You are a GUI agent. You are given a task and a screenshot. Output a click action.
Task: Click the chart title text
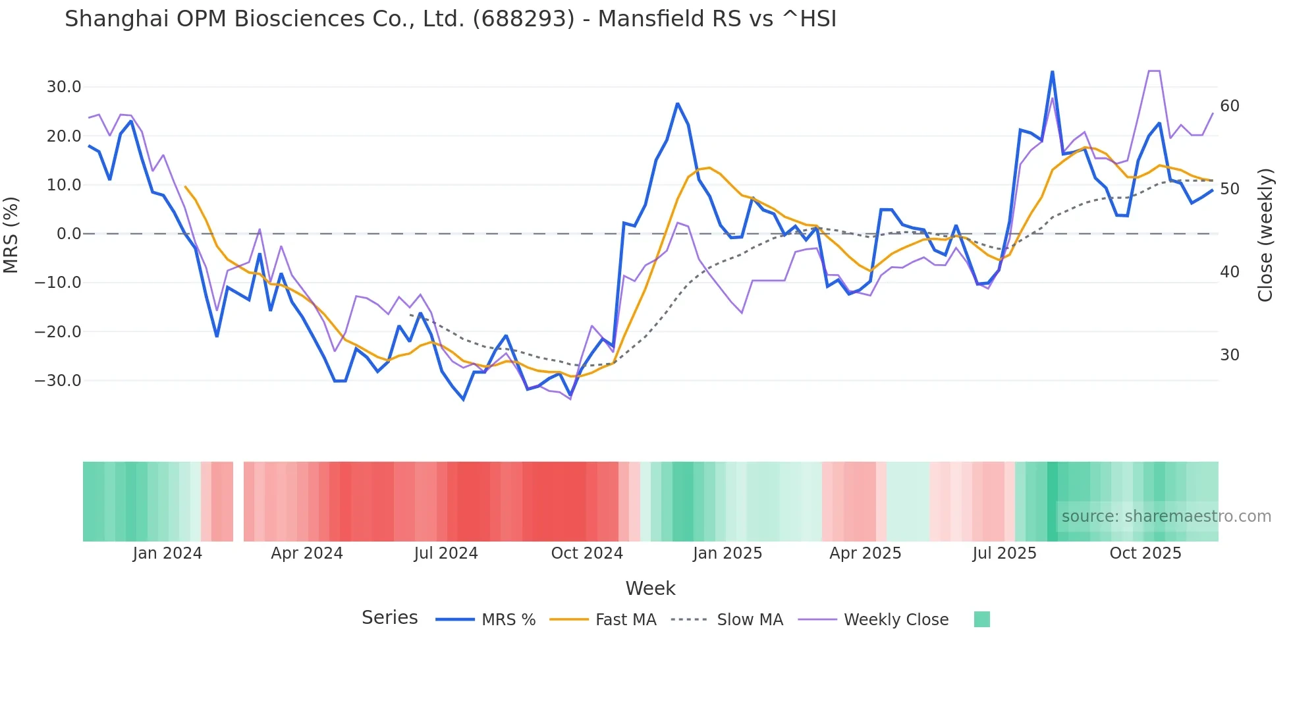451,19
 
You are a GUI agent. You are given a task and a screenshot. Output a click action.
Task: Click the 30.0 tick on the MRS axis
64,87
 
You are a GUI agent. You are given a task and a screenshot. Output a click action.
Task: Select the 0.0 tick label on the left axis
69,234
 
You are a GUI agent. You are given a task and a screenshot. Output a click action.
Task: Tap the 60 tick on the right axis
1229,106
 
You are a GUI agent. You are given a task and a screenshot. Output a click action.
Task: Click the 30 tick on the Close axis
1229,355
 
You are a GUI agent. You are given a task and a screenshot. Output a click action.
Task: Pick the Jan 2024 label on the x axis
167,553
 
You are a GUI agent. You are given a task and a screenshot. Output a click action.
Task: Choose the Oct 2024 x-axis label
587,553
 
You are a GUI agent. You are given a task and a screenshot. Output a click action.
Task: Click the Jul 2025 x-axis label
1004,553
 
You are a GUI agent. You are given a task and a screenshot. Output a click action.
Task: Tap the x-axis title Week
650,588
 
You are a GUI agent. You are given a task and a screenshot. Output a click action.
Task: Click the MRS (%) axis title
11,235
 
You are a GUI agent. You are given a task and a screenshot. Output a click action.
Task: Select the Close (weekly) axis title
1265,235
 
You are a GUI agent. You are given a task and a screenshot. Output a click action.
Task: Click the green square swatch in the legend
981,619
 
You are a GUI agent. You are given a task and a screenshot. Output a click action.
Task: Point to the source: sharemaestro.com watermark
1166,517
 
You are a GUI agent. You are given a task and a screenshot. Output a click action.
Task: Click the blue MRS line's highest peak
1052,72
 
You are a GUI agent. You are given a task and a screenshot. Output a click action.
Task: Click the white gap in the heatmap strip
238,501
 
